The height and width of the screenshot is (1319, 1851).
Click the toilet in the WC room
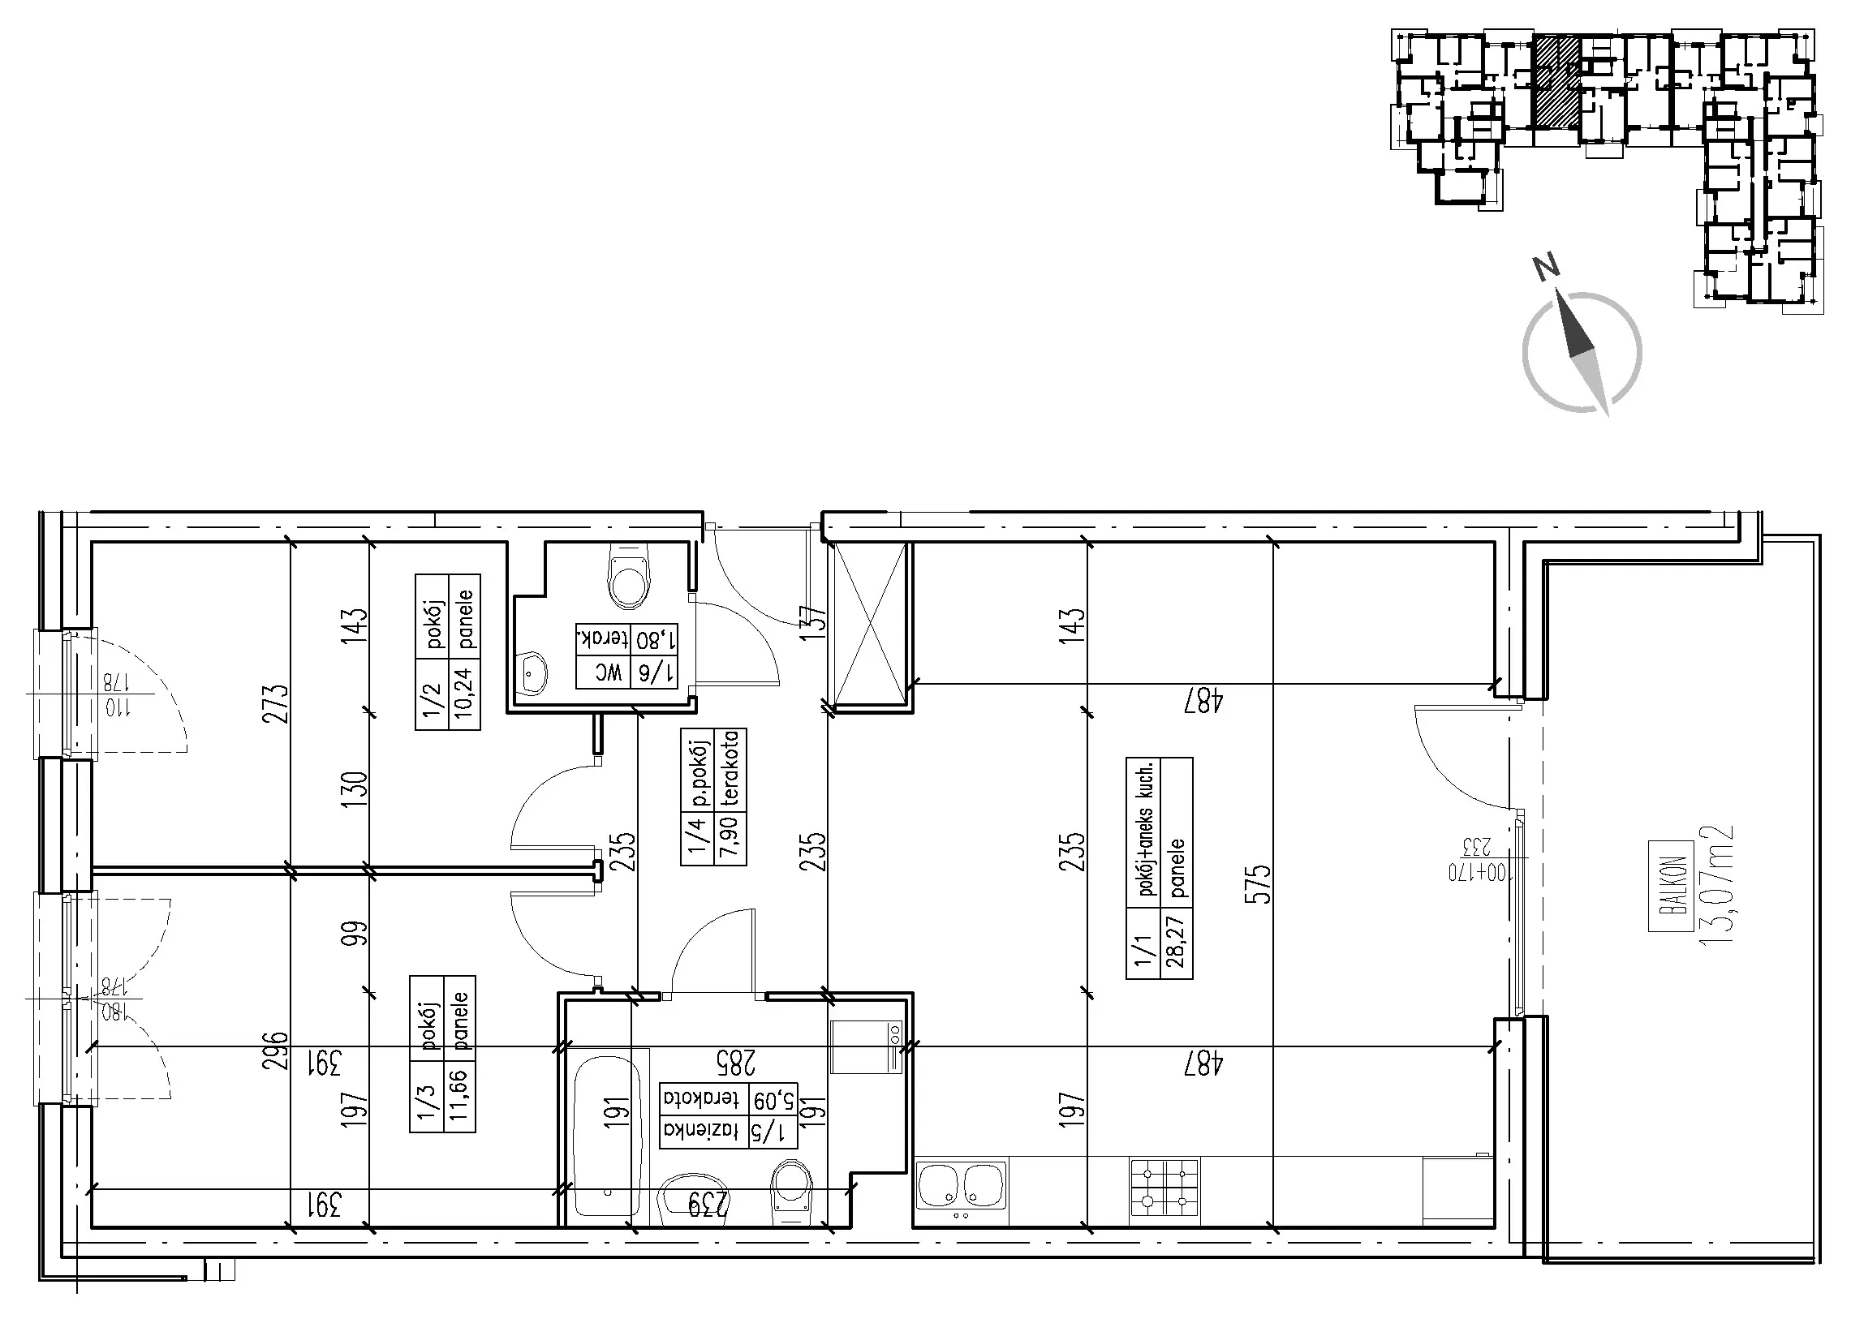630,578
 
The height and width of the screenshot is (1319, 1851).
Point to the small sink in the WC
533,672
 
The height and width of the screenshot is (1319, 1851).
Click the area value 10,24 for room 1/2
466,694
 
